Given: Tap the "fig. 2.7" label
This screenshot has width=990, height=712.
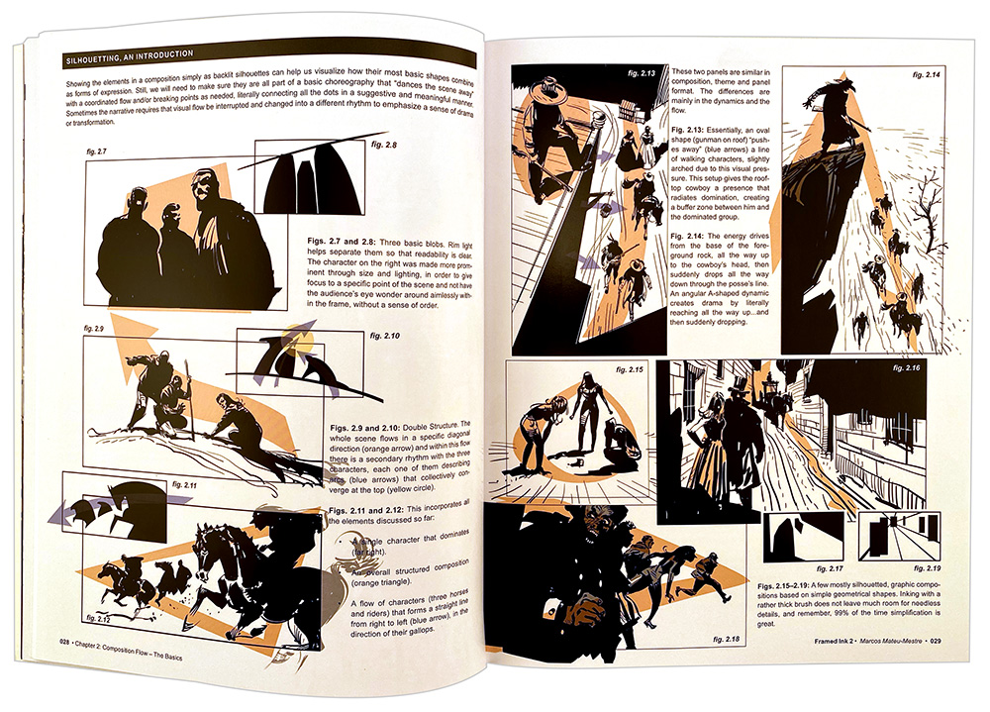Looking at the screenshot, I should pyautogui.click(x=96, y=151).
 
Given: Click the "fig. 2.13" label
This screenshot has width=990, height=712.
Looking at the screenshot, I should pyautogui.click(x=644, y=73).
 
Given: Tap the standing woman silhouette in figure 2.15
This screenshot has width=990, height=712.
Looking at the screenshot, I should pyautogui.click(x=588, y=411).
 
